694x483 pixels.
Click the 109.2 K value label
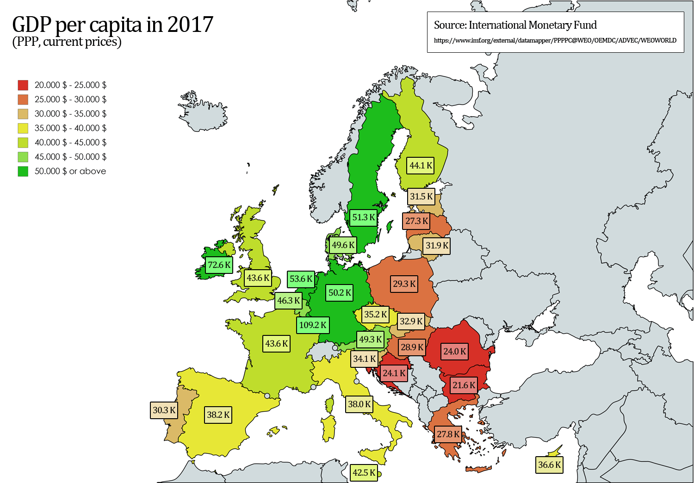click(313, 325)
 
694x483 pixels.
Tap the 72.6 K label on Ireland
click(219, 265)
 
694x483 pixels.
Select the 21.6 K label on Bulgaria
click(464, 385)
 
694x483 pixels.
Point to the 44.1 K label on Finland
click(421, 166)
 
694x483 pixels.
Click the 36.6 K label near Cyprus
click(549, 465)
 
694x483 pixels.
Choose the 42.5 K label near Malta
click(364, 472)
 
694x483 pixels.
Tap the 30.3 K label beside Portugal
click(164, 410)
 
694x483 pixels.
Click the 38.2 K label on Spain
click(218, 415)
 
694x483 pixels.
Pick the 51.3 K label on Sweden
click(363, 217)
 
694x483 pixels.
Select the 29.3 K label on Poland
click(404, 284)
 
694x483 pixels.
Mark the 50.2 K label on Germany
click(340, 293)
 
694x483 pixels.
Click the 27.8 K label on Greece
click(448, 434)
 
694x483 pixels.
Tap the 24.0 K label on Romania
click(454, 351)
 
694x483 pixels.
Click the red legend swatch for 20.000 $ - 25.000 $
click(23, 85)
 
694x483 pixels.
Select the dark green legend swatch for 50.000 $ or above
click(23, 171)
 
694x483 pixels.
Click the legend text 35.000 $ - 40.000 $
click(70, 128)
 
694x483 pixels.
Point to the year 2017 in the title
click(190, 25)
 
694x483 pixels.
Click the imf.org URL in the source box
click(555, 40)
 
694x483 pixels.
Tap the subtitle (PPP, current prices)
click(67, 42)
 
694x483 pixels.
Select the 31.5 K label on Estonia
click(421, 197)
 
